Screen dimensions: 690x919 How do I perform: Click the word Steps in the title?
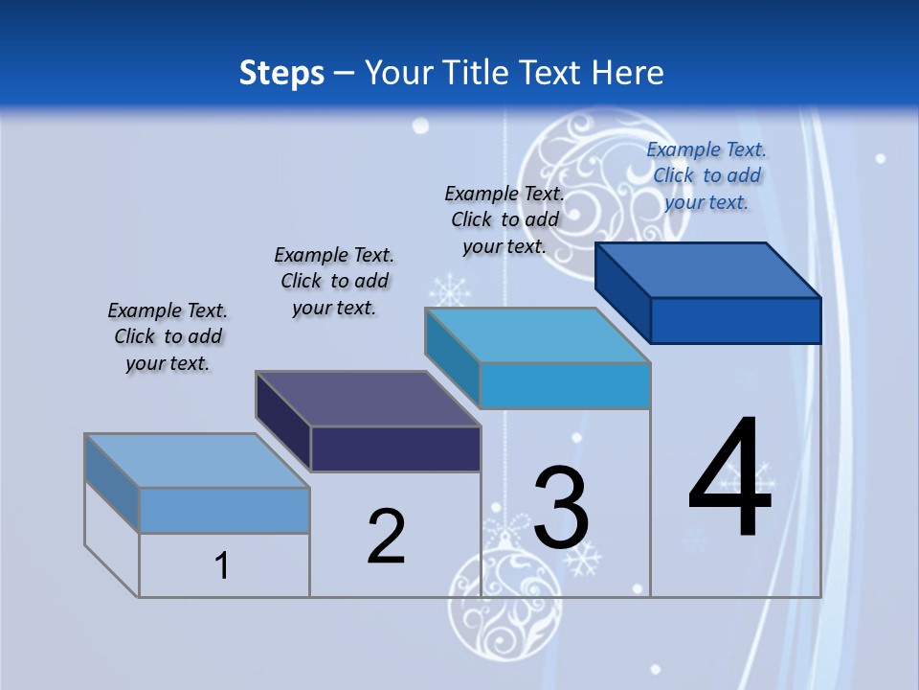(x=281, y=73)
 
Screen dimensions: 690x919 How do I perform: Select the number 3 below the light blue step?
(x=561, y=507)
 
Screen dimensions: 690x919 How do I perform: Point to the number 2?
(x=387, y=537)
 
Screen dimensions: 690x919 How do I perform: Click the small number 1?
(x=222, y=565)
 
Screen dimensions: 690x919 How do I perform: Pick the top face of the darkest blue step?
(x=708, y=270)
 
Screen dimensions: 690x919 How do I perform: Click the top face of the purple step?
(x=369, y=399)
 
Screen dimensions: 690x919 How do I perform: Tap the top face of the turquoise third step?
(x=538, y=335)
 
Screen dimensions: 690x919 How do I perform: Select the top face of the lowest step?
(x=197, y=461)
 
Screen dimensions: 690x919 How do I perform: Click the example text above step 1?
(x=168, y=336)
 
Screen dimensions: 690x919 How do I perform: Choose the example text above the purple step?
(x=334, y=281)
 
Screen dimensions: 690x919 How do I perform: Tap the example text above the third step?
(x=504, y=219)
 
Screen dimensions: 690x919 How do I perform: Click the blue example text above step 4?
(x=706, y=175)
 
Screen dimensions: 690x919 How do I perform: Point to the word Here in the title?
(x=627, y=73)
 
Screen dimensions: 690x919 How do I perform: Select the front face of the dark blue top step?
(x=735, y=320)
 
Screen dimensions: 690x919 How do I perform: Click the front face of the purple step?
(x=395, y=448)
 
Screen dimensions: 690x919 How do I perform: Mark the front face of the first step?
(x=224, y=510)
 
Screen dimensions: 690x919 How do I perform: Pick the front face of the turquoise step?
(x=565, y=385)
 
